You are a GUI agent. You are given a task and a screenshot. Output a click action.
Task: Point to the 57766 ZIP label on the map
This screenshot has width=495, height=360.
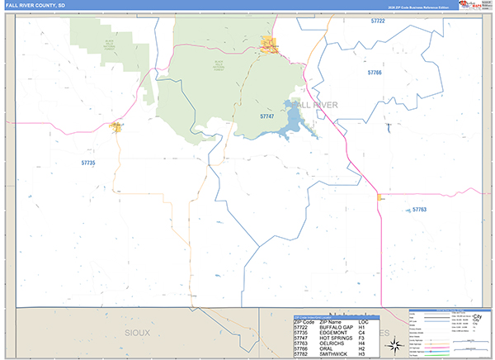click(375, 73)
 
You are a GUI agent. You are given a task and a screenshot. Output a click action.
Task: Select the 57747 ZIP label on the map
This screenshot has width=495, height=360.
click(266, 116)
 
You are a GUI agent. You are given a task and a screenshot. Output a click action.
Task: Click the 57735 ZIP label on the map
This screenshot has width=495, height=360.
click(88, 163)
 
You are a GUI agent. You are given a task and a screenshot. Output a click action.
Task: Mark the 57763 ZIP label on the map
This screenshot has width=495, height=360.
click(419, 210)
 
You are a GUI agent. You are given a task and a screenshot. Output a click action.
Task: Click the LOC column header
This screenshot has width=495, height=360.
click(363, 321)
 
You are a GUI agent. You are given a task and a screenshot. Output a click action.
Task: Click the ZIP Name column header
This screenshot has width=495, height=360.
click(330, 321)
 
